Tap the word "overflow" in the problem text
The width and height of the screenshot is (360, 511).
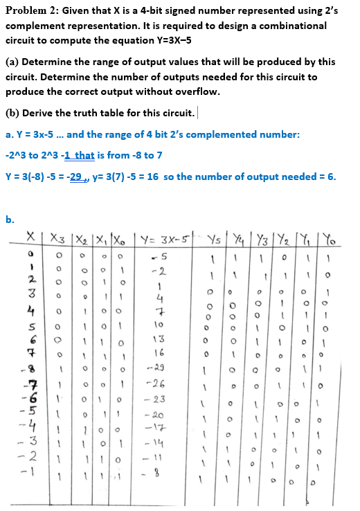pos(198,91)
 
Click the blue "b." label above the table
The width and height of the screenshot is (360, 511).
pos(9,220)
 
